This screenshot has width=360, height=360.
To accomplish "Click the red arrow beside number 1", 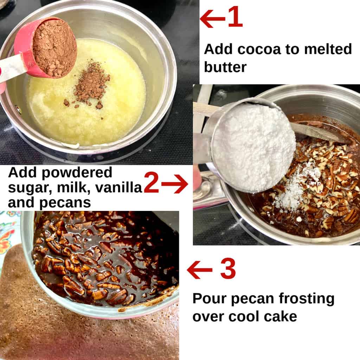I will pos(212,18).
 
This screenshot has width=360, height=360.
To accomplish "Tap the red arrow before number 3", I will pos(199,270).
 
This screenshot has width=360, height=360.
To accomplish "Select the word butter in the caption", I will pos(225,67).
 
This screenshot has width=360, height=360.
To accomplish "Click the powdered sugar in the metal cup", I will pos(254,146).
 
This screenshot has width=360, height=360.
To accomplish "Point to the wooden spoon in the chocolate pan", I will pos(316,133).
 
